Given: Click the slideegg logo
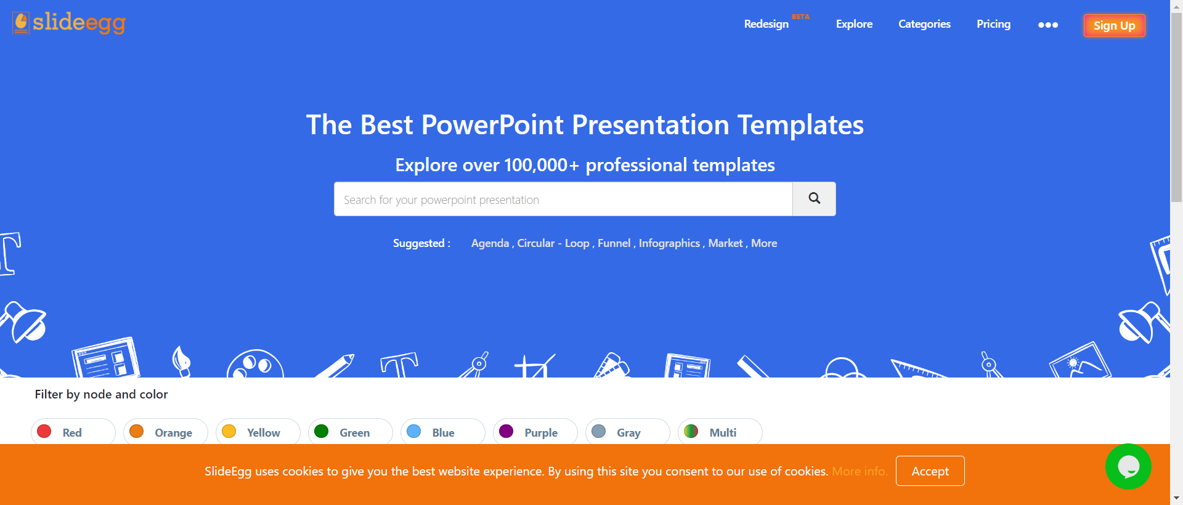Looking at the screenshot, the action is pyautogui.click(x=69, y=23).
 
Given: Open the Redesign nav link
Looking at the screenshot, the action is pyautogui.click(x=766, y=24).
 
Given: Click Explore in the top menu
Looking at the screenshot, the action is pyautogui.click(x=854, y=24).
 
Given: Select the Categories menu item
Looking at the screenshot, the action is pyautogui.click(x=924, y=24).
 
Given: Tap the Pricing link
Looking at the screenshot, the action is pyautogui.click(x=993, y=24).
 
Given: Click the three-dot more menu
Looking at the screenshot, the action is pyautogui.click(x=1047, y=25).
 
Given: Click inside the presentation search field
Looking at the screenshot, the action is pyautogui.click(x=563, y=199).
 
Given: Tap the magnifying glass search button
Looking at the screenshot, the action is pyautogui.click(x=814, y=199).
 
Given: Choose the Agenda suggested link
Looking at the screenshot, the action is pyautogui.click(x=490, y=243).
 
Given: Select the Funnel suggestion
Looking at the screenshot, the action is pyautogui.click(x=614, y=243).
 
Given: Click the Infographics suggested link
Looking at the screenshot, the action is pyautogui.click(x=669, y=243).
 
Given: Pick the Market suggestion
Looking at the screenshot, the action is pyautogui.click(x=725, y=243).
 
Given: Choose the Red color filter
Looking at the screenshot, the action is pyautogui.click(x=73, y=432).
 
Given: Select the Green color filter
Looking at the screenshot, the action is pyautogui.click(x=350, y=432).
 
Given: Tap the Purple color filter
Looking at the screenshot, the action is pyautogui.click(x=535, y=432).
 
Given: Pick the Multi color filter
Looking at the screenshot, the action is pyautogui.click(x=720, y=432).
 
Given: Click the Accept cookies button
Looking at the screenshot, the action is pyautogui.click(x=930, y=471).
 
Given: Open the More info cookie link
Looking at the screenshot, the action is pyautogui.click(x=860, y=471).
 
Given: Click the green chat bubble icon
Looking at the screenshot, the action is pyautogui.click(x=1128, y=467).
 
